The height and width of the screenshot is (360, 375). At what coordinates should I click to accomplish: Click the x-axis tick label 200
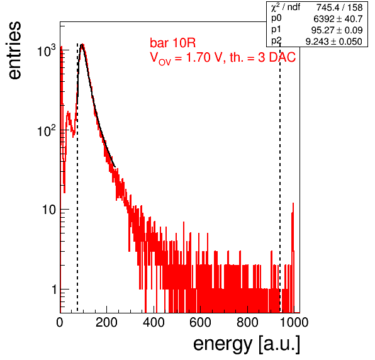coord(106,322)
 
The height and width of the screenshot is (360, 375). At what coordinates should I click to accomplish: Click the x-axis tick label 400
coord(154,322)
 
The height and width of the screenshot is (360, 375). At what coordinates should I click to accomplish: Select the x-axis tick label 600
coord(201,322)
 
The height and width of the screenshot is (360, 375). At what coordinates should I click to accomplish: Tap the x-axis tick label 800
coord(247,322)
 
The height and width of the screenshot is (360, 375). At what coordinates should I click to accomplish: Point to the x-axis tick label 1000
coord(294,322)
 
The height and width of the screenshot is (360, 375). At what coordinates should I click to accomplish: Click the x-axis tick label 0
coord(60,322)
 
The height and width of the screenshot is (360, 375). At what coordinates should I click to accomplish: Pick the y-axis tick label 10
coord(49,210)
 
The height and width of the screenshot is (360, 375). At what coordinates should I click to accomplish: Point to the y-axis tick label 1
coord(54,290)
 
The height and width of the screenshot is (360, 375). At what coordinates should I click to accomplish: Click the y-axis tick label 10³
coord(47,50)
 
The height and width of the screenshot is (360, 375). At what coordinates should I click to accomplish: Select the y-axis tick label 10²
coord(47,130)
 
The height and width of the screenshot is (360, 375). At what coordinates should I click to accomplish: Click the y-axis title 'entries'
coord(15,50)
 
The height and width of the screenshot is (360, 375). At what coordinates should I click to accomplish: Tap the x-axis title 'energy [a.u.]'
coord(247,345)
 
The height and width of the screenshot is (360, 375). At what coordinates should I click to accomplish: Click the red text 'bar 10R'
coord(172,43)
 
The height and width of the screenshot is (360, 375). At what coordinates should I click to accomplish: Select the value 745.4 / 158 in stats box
coord(339,8)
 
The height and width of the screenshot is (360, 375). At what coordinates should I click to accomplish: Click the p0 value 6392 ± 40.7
coord(338,19)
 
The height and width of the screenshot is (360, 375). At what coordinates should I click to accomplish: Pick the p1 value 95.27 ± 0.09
coord(337,30)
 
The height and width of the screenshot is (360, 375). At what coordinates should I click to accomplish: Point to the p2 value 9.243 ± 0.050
coord(334,42)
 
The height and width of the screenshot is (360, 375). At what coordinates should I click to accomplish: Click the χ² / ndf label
coord(285,8)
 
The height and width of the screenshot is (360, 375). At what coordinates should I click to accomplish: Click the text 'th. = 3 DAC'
coord(262,58)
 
